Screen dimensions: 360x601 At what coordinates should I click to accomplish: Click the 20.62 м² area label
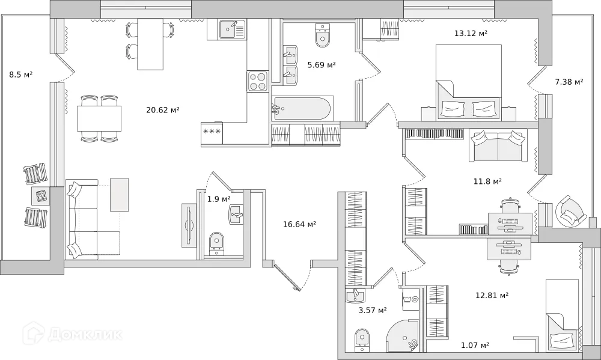[x=162, y=109]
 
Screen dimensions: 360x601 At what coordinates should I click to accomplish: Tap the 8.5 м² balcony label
[x=20, y=75]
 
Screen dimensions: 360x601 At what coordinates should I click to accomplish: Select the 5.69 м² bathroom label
[x=321, y=65]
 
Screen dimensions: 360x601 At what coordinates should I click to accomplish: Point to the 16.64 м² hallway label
[x=299, y=224]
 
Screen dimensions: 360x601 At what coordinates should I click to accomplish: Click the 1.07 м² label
[x=475, y=345]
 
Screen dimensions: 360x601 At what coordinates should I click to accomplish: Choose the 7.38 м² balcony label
[x=569, y=82]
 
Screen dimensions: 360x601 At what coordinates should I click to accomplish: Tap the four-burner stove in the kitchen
[x=258, y=81]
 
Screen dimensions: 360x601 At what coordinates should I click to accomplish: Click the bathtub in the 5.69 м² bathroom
[x=301, y=109]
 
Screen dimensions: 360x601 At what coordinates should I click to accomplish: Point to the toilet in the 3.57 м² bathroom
[x=362, y=338]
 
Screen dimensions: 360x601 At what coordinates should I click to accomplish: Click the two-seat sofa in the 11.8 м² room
[x=498, y=146]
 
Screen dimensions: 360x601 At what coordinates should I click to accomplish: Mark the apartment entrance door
[x=288, y=277]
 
